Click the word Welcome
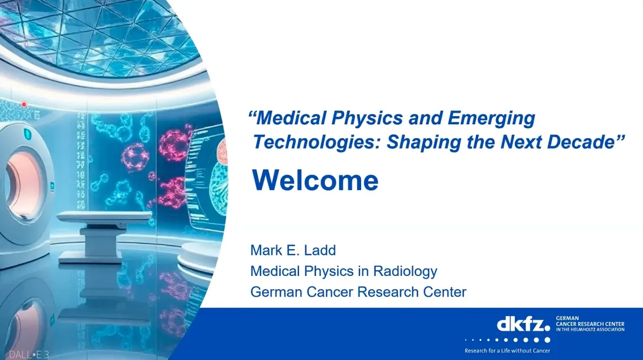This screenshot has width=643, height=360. coord(315,181)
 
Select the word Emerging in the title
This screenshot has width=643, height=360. coord(491,119)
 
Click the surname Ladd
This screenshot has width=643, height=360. coord(320,250)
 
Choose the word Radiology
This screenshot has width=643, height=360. coord(405,271)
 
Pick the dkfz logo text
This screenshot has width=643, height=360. coord(524,325)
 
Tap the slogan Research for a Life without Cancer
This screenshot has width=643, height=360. coord(507,350)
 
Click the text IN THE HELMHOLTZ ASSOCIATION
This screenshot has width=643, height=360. coord(590,329)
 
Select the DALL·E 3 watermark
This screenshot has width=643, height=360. coord(29,354)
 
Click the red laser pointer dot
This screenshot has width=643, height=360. coord(24,104)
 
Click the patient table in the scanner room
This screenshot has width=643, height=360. coord(104,236)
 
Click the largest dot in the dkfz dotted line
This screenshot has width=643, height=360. coord(547,340)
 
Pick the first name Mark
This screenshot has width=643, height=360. coord(266,250)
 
